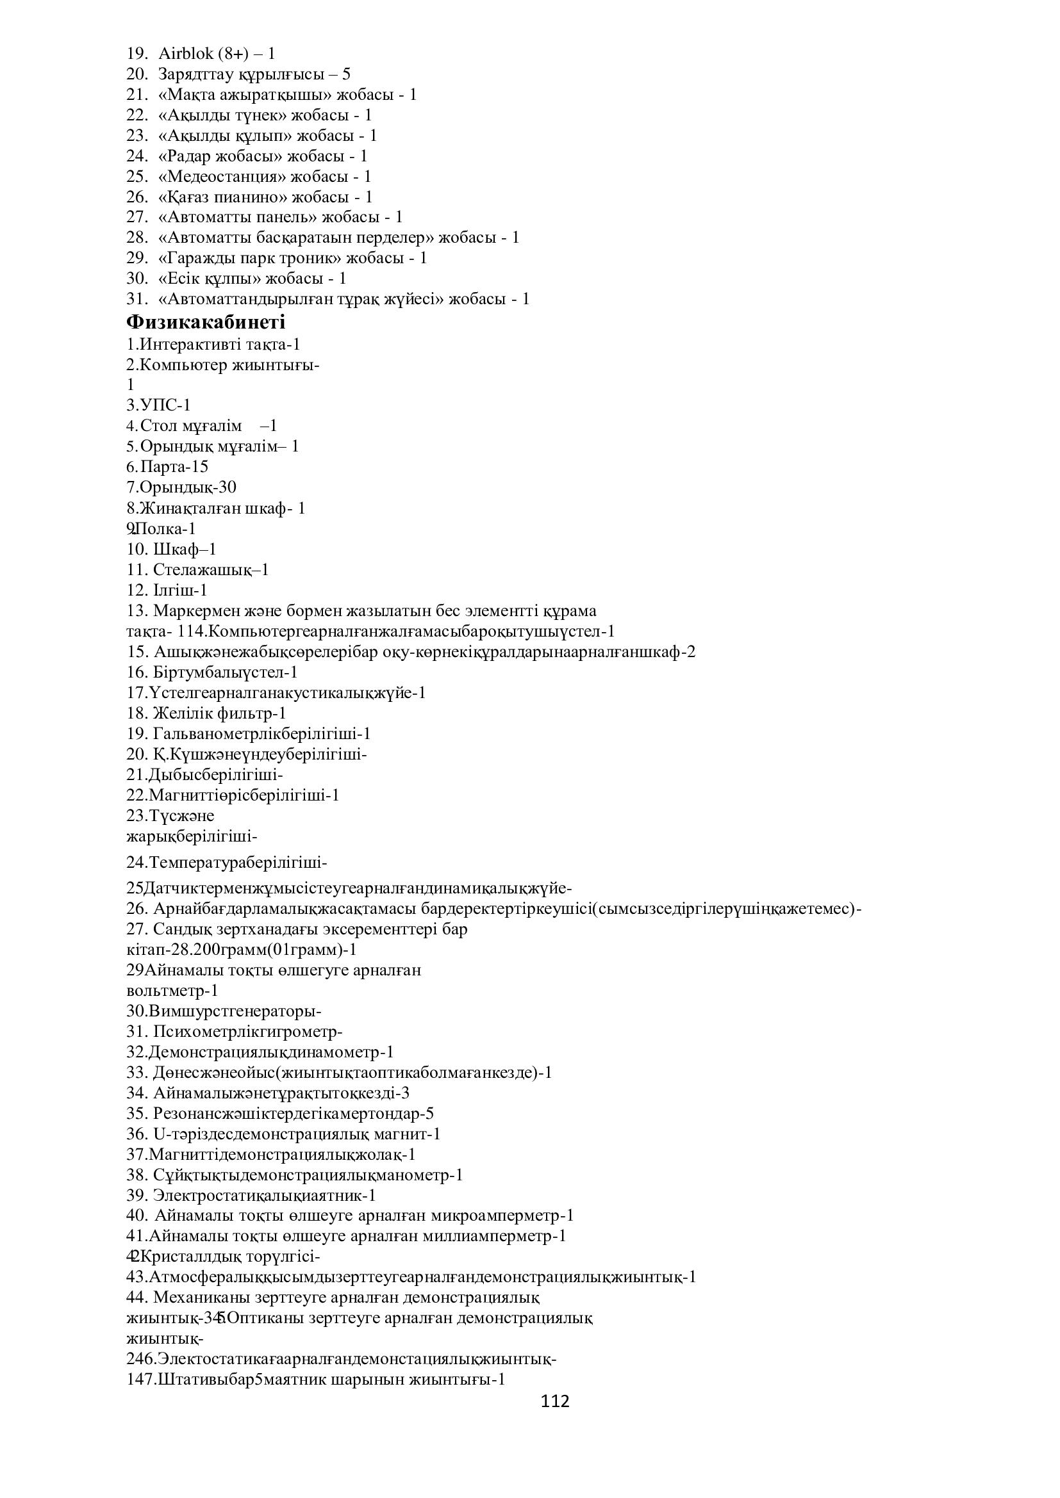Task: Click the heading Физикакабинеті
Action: point(206,322)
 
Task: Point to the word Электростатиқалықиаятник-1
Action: point(264,1195)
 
